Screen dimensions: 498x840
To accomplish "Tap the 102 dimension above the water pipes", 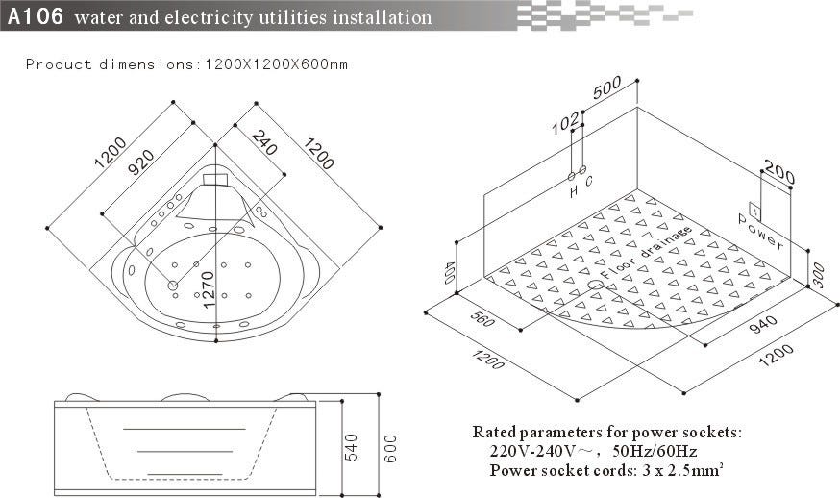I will (x=567, y=122).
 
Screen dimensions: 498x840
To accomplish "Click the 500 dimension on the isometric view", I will (x=607, y=88).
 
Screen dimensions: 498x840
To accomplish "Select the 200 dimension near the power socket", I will (x=779, y=176).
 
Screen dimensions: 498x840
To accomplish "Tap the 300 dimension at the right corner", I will (x=817, y=278).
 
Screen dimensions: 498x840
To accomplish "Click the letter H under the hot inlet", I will (x=574, y=192).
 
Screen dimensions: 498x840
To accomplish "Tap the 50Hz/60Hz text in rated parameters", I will (x=654, y=451).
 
